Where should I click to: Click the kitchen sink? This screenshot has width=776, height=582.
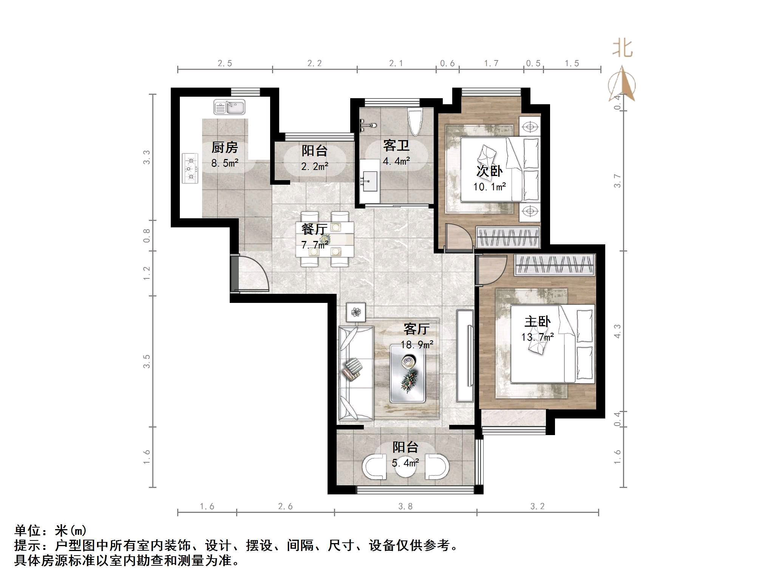pos(229,107)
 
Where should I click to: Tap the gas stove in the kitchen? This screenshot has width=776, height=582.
pos(190,168)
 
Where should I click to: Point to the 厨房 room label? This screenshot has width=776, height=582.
pos(224,147)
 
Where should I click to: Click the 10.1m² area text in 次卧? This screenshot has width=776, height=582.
pos(489,187)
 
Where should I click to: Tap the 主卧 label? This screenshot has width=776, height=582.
pos(537,321)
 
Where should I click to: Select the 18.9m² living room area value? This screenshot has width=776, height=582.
pos(417,344)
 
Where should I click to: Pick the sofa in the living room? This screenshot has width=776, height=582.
pos(356,373)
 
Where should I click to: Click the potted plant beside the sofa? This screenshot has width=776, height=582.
pos(356,312)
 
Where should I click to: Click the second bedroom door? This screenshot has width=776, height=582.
pos(458,238)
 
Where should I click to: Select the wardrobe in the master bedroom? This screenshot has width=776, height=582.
pos(555,264)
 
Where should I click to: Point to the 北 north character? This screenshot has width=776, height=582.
pos(622,49)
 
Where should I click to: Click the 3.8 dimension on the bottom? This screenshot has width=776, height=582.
pos(405,506)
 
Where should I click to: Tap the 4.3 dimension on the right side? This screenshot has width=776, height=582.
pos(617,331)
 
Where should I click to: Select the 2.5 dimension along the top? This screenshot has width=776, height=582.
pos(225,63)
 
